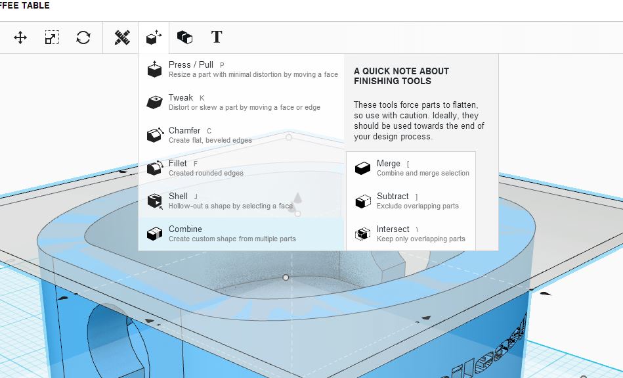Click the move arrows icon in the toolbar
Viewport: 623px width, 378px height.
20,38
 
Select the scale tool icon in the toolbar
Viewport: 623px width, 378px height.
52,37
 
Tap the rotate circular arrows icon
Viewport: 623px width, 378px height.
83,38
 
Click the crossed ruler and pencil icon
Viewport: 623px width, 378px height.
122,37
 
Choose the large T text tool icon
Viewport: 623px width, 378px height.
217,37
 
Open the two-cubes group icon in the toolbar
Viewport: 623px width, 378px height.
184,37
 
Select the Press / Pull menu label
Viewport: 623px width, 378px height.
191,64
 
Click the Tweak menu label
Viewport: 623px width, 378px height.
181,97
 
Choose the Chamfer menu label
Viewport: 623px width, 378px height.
184,130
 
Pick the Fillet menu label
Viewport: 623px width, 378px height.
178,163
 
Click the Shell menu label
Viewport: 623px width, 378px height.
178,196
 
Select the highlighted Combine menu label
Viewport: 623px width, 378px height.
185,229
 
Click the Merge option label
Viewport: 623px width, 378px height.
388,163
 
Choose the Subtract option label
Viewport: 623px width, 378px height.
393,196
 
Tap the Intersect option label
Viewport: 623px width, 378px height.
393,229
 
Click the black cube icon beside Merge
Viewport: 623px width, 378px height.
362,168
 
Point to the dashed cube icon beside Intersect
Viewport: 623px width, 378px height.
362,234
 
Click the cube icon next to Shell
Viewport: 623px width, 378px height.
154,201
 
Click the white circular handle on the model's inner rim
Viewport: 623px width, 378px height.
286,277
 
